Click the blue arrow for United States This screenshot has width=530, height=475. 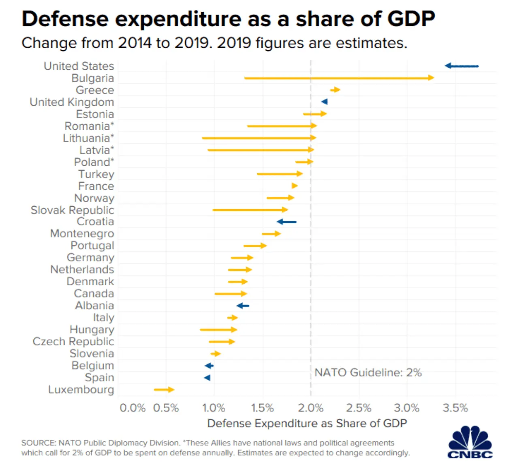462,66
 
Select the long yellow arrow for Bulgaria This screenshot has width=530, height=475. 339,78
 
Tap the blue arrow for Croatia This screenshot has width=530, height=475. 286,222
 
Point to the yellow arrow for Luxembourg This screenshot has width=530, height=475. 164,389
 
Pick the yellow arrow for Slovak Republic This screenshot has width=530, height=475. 250,210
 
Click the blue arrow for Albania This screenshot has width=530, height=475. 243,306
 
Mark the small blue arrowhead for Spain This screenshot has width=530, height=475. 207,378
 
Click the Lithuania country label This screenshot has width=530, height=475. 88,138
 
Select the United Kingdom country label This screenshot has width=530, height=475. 72,102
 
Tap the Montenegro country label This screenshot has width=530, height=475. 82,234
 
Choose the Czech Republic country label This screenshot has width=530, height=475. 73,342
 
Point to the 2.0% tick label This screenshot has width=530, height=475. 310,408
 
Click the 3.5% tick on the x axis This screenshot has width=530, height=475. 455,408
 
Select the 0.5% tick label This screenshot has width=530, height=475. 166,408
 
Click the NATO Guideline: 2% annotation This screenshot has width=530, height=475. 368,372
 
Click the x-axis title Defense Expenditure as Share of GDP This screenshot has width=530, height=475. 307,424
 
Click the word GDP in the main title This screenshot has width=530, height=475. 411,19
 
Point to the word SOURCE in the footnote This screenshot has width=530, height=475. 38,443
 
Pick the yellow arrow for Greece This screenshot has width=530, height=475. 335,90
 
